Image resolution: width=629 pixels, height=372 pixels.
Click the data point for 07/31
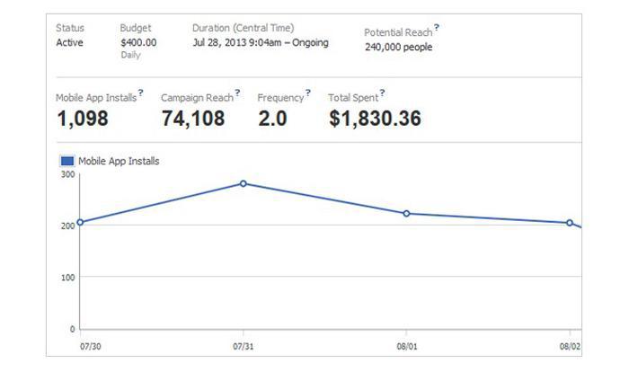point(244,183)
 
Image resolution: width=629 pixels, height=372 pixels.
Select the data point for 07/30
point(80,222)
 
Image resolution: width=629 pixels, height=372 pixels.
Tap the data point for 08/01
point(406,214)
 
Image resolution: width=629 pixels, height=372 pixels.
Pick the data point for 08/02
point(570,223)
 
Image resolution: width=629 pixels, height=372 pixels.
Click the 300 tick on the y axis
point(68,173)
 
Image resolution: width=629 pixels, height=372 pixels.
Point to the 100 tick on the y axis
point(68,277)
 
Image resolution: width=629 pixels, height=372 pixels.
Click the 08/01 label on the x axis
point(406,345)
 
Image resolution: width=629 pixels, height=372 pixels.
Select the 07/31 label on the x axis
point(244,345)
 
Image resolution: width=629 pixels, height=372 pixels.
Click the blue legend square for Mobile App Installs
point(67,161)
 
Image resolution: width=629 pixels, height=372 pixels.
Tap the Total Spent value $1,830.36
point(375,119)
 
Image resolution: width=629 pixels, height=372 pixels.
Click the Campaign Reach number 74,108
point(193,119)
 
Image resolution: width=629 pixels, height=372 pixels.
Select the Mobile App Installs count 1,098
point(82,119)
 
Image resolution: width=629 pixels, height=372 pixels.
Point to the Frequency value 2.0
point(272,119)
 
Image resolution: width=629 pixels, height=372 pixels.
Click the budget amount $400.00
point(138,42)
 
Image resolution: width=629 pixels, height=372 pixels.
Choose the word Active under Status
point(69,42)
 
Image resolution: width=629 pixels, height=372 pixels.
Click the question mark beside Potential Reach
point(437,28)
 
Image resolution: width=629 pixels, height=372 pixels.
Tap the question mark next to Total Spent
point(382,93)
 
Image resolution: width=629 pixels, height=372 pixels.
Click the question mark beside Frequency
point(308,93)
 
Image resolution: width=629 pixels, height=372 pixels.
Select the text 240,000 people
point(398,47)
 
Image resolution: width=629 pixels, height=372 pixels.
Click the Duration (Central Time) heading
point(243,28)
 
